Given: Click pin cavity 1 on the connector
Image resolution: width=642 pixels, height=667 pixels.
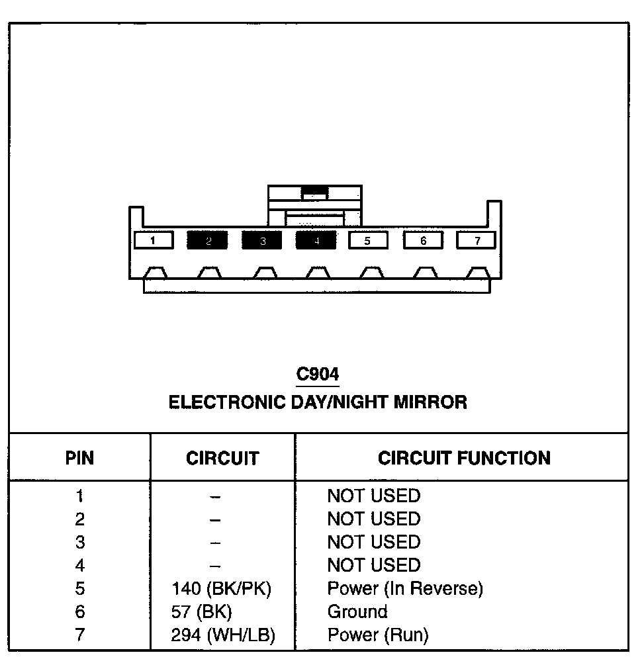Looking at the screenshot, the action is point(154,240).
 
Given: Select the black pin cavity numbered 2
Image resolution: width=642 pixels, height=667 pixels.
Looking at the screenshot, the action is point(208,240).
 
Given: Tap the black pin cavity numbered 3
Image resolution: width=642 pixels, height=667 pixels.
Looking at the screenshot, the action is point(262,240).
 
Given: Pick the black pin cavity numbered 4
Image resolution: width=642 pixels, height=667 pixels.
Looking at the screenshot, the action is point(316,240).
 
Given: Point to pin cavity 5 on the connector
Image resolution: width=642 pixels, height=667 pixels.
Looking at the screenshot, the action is point(368,240).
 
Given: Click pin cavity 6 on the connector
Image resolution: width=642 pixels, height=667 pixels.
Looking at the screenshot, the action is point(423,240).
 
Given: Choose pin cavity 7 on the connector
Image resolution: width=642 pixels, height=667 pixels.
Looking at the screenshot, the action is point(477,240).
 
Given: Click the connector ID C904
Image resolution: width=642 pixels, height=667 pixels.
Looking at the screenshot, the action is point(318,375).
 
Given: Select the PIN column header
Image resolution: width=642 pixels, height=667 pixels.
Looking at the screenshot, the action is point(79,458).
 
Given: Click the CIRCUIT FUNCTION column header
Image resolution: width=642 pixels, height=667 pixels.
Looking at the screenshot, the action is point(464,458).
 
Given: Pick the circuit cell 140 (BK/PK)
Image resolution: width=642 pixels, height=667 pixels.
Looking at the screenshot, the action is point(222,588).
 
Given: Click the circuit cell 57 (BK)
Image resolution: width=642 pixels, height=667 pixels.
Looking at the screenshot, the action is point(202,611).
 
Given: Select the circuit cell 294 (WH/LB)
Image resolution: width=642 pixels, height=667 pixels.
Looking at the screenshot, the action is point(223,635).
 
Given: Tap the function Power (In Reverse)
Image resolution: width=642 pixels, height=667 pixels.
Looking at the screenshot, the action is point(405,588).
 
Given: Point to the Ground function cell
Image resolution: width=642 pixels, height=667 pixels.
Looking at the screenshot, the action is point(357,611).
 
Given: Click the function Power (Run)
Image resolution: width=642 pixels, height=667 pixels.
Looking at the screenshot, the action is point(378,635).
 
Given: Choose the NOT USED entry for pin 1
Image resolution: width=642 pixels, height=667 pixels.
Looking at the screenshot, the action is point(374,496).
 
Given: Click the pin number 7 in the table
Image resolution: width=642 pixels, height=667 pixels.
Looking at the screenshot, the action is point(79,635).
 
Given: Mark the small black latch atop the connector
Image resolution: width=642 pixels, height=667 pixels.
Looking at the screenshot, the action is point(314,193).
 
